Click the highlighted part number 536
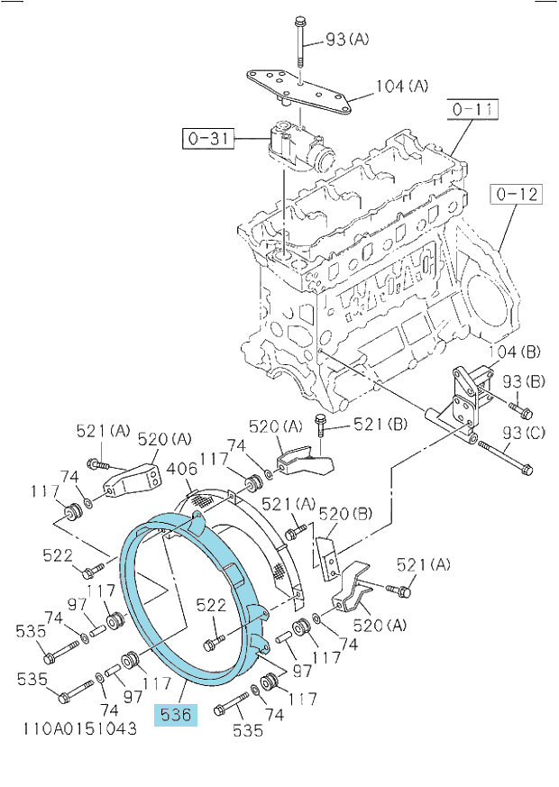tap(176, 715)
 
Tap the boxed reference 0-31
tap(207, 138)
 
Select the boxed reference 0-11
tap(472, 109)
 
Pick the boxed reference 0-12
tap(517, 194)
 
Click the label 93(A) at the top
tap(347, 39)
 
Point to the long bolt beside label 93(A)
tap(299, 42)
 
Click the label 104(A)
tap(402, 86)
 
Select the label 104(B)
tap(515, 352)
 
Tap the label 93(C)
tap(523, 432)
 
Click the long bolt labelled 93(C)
tap(505, 457)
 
